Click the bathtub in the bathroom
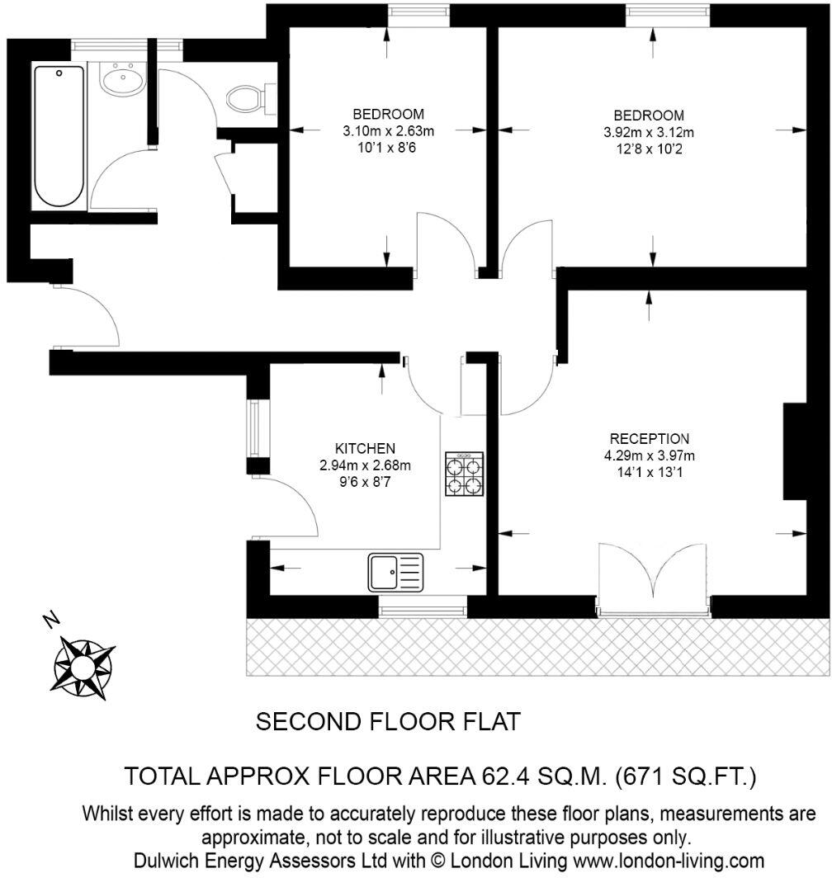pos(59,136)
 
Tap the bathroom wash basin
pos(122,80)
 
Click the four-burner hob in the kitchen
pos(465,474)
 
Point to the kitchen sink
pos(396,571)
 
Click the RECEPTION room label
pos(649,438)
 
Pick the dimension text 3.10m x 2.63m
pos(388,130)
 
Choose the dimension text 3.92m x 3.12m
pos(649,131)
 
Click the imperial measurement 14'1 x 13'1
pos(649,473)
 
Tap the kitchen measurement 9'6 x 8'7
pos(364,482)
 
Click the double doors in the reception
pos(653,578)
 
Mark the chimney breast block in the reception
pos(794,451)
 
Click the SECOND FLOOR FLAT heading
pos(389,722)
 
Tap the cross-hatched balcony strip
pos(537,647)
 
